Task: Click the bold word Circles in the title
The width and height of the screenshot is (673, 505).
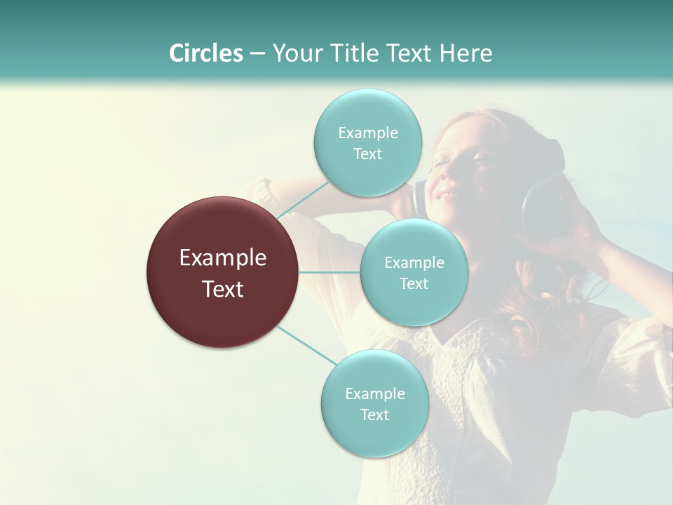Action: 205,53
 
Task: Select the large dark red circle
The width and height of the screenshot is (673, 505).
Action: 223,272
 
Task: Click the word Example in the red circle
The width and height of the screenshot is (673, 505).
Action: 223,258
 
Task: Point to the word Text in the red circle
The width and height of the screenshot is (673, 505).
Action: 223,289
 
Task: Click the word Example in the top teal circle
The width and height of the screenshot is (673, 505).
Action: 367,133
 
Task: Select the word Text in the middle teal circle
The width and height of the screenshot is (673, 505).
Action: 414,284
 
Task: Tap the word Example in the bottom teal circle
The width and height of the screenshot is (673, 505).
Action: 374,394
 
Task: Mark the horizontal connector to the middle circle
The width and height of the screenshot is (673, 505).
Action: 329,272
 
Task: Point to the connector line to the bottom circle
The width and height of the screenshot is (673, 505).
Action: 307,345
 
